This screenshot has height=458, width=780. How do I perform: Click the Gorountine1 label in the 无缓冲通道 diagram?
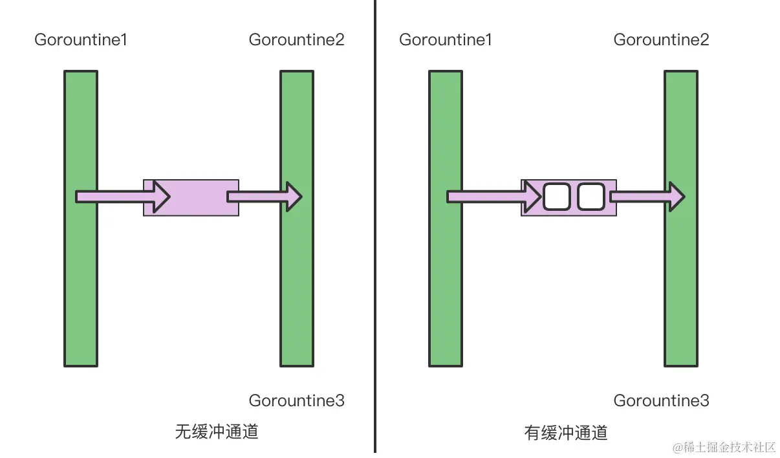81,40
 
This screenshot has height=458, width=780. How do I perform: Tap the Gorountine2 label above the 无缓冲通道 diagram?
296,40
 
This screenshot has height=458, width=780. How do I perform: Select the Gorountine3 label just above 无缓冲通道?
296,401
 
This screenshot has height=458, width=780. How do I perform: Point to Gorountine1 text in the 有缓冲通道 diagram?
446,40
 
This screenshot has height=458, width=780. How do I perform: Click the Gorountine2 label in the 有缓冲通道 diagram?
661,40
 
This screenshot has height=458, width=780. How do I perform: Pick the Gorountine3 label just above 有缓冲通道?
661,401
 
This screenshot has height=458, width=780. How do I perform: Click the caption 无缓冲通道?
217,431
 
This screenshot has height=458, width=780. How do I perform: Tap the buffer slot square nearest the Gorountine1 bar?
556,197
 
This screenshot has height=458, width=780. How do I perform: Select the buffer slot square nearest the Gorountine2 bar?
590,197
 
